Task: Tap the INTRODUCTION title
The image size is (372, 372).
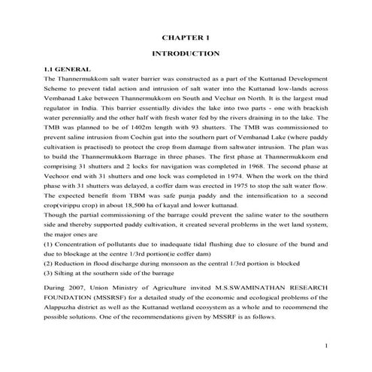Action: pos(186,53)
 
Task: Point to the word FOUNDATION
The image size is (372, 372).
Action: pos(71,297)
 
